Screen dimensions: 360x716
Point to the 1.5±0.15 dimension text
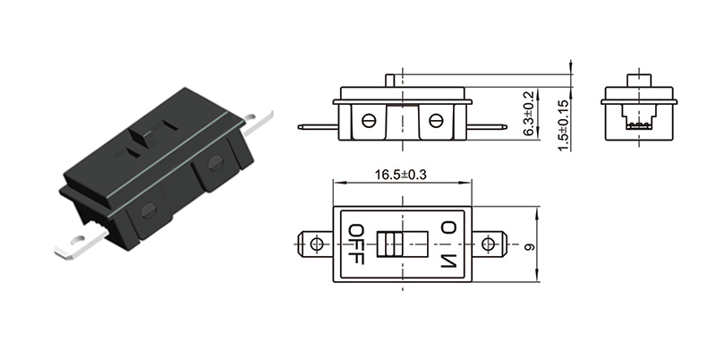click(x=563, y=125)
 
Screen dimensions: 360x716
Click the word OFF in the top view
click(x=355, y=244)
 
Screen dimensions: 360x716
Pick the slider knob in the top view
click(x=389, y=244)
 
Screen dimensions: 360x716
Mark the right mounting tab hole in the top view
click(x=488, y=244)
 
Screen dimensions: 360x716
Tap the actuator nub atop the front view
click(x=393, y=81)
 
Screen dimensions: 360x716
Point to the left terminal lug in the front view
click(x=318, y=127)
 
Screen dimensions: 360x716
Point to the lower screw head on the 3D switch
click(x=149, y=210)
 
